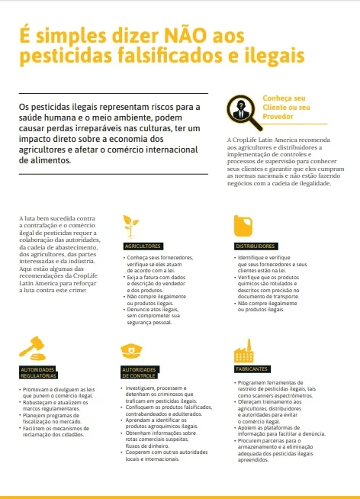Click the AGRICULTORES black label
click(143, 246)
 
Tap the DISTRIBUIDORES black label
click(256, 246)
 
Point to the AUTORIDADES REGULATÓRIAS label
click(38, 372)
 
